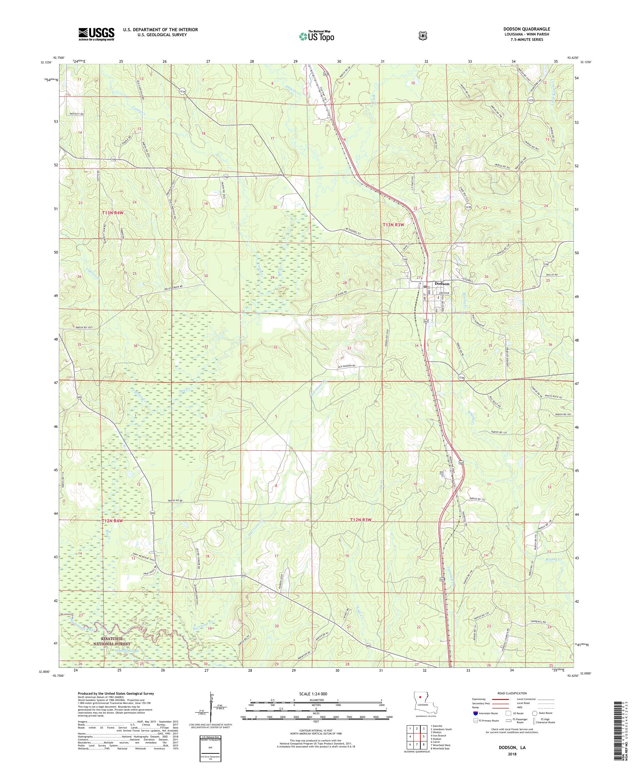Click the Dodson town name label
[x=442, y=283]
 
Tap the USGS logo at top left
[x=96, y=35]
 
